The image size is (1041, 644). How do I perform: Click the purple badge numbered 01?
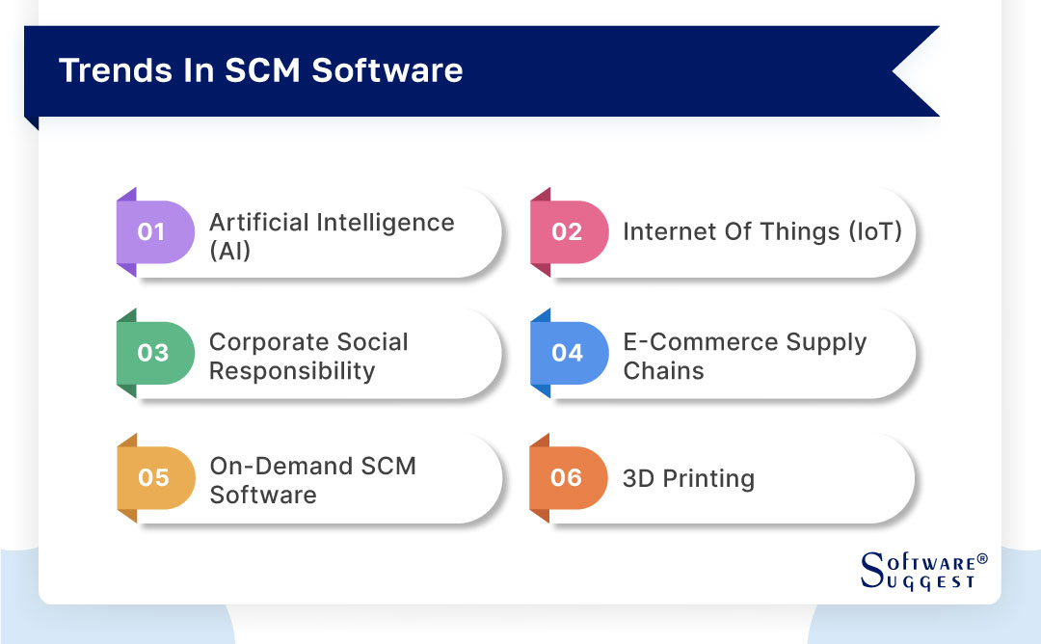(x=152, y=232)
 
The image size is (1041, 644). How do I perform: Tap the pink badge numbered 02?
(x=568, y=232)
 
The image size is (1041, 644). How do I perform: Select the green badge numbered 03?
(x=152, y=353)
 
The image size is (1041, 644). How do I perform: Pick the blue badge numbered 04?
(x=568, y=353)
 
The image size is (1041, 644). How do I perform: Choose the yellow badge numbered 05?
(x=152, y=478)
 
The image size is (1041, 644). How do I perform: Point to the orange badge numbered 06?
(x=568, y=478)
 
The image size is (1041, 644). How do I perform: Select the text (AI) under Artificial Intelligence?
(x=229, y=251)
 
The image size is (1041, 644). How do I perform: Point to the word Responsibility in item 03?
(x=292, y=371)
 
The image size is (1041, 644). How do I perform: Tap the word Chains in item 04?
(x=663, y=371)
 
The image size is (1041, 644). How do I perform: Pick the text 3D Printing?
(x=688, y=479)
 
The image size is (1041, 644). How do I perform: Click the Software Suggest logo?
(x=918, y=571)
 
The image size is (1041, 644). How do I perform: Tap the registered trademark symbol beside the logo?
(x=982, y=559)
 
